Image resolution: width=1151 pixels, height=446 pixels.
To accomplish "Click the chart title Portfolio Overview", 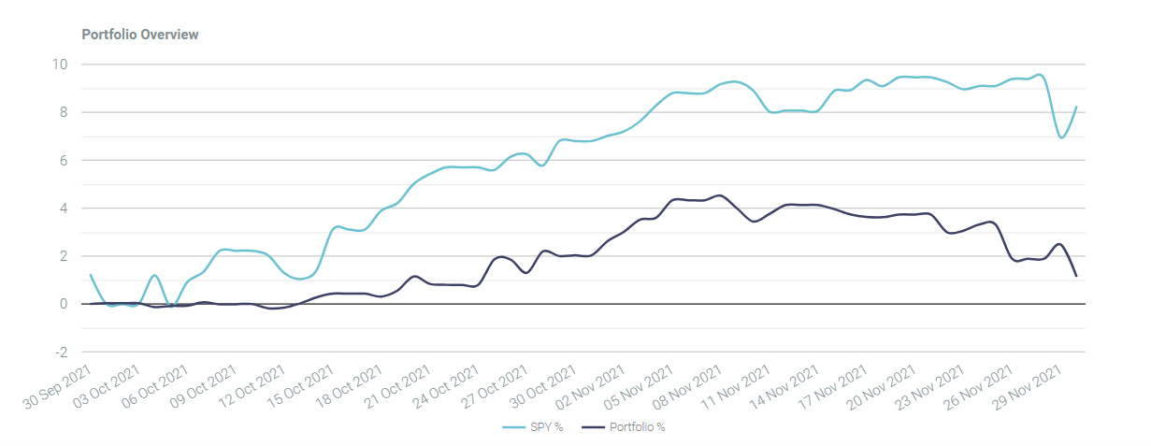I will (x=140, y=35).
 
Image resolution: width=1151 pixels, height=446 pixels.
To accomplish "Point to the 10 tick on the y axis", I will (x=62, y=65).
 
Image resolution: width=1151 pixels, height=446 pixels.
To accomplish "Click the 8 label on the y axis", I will (x=64, y=112).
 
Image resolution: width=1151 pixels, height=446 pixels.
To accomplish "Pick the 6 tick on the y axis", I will (x=64, y=161).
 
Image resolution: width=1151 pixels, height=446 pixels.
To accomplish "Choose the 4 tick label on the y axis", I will (x=64, y=209).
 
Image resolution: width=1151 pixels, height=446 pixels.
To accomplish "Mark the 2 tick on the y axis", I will (x=64, y=256).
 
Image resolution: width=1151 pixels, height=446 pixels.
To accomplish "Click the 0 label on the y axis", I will (x=64, y=304).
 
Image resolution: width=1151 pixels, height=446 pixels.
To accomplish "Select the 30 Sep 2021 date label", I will (x=59, y=386).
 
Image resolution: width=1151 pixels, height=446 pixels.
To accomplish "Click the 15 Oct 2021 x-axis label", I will (x=301, y=386).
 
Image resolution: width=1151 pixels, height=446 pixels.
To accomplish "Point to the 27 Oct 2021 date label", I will (x=495, y=386).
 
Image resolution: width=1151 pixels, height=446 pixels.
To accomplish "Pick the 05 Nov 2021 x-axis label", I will (x=640, y=386).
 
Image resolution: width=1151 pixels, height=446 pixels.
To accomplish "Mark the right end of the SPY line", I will (x=1077, y=107).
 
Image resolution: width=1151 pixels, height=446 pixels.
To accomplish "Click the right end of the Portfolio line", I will (x=1077, y=276).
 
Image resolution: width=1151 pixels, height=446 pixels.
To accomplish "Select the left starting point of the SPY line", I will (x=91, y=275).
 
